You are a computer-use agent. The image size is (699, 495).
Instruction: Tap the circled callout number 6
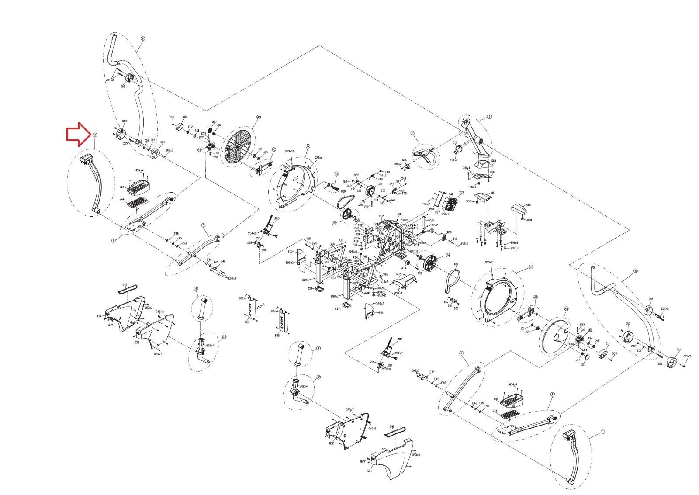pos(142,38)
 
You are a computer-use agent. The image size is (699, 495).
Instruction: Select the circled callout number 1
pos(490,116)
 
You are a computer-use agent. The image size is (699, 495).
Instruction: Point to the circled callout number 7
pos(412,132)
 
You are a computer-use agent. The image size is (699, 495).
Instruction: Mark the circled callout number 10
pos(603,432)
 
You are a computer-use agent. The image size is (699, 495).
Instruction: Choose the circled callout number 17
pos(308,146)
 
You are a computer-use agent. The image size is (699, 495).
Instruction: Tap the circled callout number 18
pos(531,267)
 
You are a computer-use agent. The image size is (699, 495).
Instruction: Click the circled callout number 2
pos(461,353)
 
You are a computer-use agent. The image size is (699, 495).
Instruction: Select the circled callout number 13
pos(225,337)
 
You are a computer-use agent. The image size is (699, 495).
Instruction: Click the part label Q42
pos(125,284)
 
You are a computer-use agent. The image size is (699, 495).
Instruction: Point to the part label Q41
pos(392,426)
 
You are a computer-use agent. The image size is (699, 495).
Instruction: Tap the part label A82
pos(528,205)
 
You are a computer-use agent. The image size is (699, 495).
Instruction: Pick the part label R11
pos(456,264)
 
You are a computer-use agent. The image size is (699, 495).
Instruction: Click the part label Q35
pos(398,274)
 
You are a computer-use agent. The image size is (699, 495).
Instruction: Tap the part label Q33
pos(137,343)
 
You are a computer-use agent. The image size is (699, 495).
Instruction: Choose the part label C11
pos(455,142)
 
